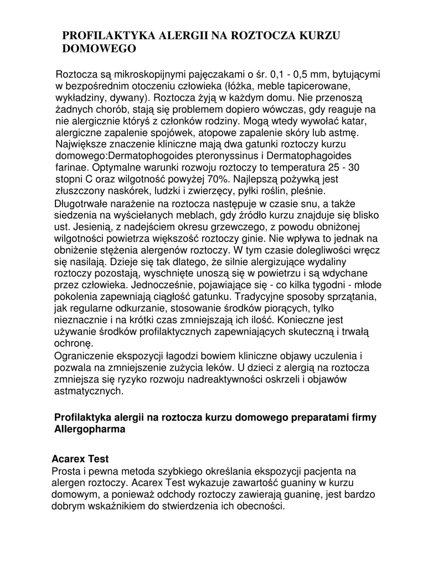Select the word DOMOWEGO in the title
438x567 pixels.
coord(99,49)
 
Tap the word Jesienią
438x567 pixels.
coord(72,226)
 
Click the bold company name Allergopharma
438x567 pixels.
coord(90,430)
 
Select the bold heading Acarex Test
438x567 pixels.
coord(80,459)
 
